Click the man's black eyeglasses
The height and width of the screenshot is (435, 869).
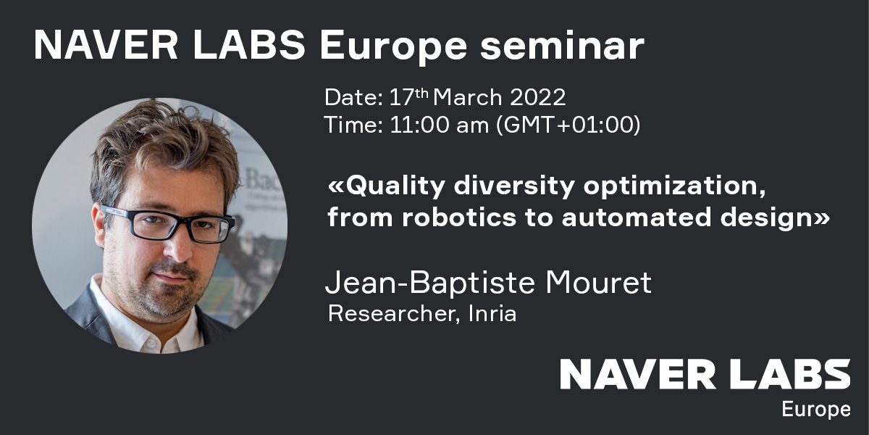[169, 223]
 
